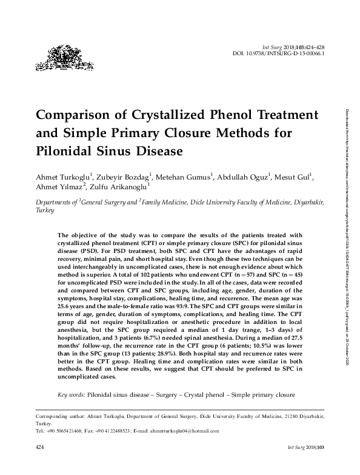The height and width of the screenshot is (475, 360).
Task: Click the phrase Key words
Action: coord(71,395)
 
